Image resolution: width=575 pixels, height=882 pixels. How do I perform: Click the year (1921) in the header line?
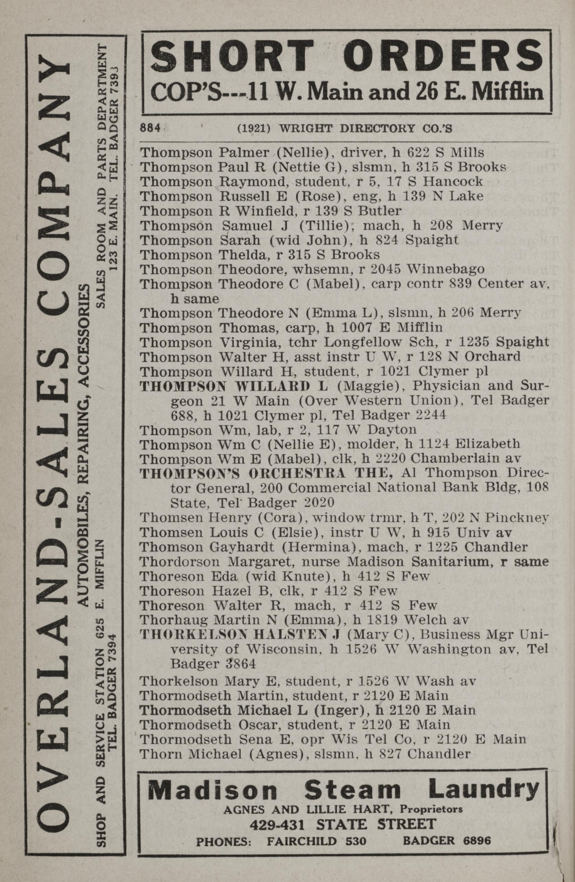(x=254, y=128)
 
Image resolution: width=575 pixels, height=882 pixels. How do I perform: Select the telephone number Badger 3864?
(x=213, y=663)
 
